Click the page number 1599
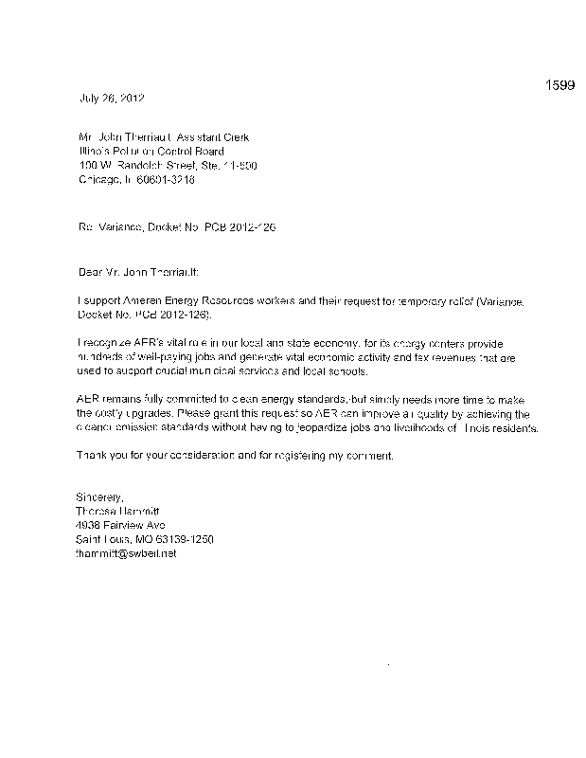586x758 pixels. coord(559,86)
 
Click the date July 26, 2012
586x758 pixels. coord(111,99)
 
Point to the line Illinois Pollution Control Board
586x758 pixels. coord(151,151)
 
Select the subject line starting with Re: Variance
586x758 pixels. coord(175,228)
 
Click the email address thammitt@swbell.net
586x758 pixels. coord(126,553)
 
